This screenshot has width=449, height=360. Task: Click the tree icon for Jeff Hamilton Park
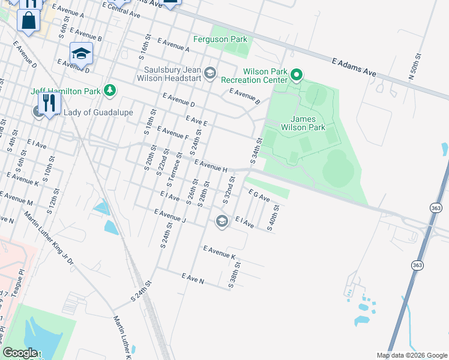click(x=109, y=90)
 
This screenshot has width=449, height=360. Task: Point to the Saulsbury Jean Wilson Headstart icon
click(x=210, y=73)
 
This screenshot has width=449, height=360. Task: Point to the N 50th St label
click(x=412, y=70)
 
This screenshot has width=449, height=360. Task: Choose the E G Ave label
click(x=259, y=194)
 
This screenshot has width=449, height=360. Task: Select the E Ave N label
click(x=194, y=277)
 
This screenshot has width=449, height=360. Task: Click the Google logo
click(x=20, y=353)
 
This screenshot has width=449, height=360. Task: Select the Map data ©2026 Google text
click(x=412, y=355)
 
